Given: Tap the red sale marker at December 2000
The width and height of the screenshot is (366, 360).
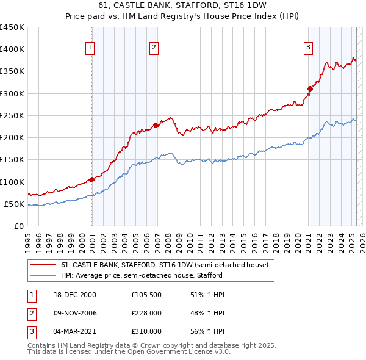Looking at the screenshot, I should click(x=91, y=179).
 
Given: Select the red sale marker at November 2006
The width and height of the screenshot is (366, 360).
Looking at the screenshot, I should click(x=156, y=125).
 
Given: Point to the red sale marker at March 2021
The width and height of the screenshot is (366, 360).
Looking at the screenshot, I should click(x=310, y=89).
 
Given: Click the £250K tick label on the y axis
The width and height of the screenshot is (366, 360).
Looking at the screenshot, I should click(x=12, y=115).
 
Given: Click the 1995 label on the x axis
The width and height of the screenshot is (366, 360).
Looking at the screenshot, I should click(x=28, y=238).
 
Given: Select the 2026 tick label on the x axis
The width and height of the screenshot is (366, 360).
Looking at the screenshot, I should click(x=362, y=238).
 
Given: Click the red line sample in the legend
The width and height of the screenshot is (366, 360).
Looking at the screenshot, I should click(x=43, y=265).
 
